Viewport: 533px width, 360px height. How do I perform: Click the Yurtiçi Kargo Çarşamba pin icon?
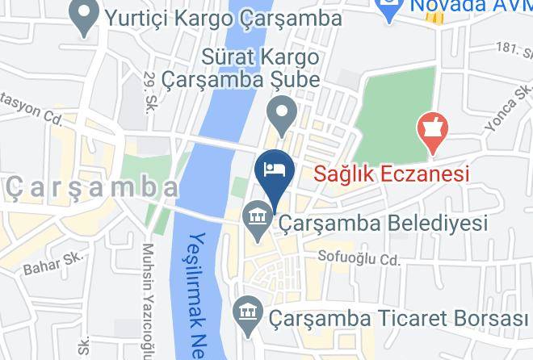[x=82, y=15]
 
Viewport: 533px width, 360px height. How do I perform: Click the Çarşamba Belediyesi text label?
[x=383, y=222]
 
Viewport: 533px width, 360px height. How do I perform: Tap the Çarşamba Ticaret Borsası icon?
[x=246, y=312]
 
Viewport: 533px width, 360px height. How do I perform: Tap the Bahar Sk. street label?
[x=44, y=264]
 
